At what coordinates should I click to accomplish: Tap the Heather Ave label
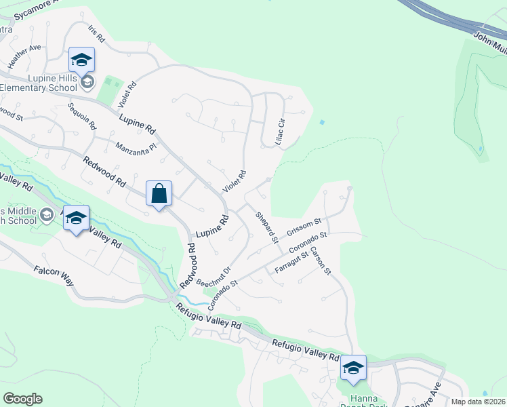[25, 56]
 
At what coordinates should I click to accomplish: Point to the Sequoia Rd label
[83, 116]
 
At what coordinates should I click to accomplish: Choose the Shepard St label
[267, 227]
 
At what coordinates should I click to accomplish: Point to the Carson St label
[320, 261]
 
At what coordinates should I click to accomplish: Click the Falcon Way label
[52, 275]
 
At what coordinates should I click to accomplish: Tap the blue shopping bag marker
[159, 194]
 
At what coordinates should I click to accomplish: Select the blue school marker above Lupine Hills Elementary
[81, 60]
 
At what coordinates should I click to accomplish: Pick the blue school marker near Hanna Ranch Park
[352, 368]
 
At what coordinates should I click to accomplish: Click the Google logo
[22, 399]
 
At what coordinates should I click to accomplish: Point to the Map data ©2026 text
[479, 402]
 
